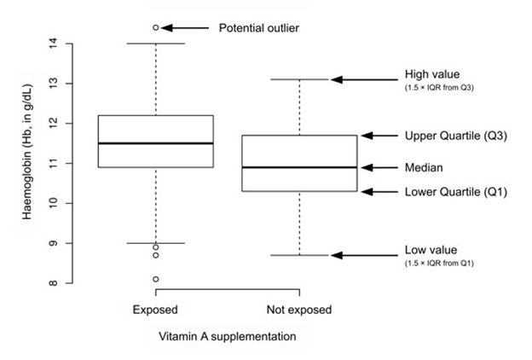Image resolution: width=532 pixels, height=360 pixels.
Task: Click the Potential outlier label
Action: tap(259, 28)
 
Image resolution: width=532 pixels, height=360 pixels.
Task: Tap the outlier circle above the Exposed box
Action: tap(156, 27)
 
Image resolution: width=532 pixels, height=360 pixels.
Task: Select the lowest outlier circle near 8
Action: tap(156, 279)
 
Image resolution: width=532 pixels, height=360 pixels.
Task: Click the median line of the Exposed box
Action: tap(156, 143)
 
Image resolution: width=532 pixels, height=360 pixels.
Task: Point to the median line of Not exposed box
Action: tap(299, 167)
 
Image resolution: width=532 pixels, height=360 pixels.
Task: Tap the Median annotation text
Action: tap(423, 167)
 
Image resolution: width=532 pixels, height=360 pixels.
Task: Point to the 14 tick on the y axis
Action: tap(52, 43)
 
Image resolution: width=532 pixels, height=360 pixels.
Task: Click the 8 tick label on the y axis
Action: tap(52, 283)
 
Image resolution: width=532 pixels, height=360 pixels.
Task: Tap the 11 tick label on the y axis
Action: tap(52, 163)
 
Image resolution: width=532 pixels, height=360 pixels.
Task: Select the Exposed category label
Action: tap(156, 309)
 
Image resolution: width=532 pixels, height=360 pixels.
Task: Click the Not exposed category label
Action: tap(299, 309)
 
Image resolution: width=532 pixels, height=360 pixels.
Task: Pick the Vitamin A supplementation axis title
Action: tap(228, 336)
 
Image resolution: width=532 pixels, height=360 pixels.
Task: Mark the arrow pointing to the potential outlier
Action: tap(185, 27)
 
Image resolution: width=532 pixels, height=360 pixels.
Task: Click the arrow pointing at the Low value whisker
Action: tap(362, 255)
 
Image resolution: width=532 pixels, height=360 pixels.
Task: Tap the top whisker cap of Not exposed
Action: tap(299, 79)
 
